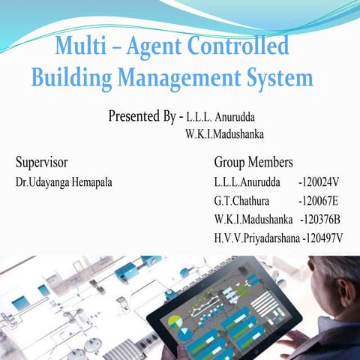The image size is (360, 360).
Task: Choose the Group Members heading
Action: pos(253,162)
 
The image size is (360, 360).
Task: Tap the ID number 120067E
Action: pos(319,202)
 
